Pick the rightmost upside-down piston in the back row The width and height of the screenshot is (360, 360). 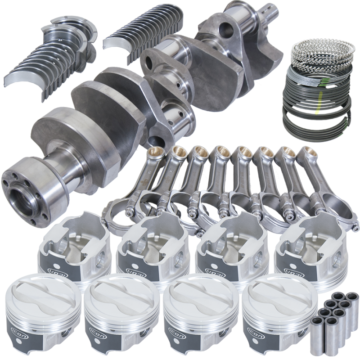[306, 250]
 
